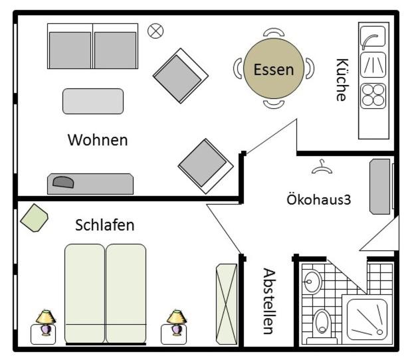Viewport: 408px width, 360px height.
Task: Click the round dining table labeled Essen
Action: point(274,68)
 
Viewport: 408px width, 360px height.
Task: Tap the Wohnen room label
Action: point(98,140)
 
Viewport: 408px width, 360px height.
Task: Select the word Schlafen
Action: point(104,225)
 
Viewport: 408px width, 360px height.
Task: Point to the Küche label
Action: point(342,80)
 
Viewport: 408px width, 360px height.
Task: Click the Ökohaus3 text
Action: point(319,200)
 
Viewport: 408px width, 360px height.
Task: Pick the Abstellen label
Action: point(269,301)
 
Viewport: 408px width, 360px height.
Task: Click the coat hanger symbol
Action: point(322,167)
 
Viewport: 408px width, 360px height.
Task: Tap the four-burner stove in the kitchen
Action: point(373,96)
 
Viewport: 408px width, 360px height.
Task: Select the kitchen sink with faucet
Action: point(373,37)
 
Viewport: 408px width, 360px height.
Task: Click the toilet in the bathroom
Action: point(322,326)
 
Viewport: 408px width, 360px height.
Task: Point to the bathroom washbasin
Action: point(312,282)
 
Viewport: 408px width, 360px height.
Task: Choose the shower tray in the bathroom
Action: point(367,319)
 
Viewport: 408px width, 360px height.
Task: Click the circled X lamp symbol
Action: point(155,31)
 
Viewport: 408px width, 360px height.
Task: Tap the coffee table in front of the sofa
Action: point(93,101)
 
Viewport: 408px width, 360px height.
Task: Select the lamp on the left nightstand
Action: point(46,322)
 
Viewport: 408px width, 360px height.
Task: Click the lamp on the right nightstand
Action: point(177,322)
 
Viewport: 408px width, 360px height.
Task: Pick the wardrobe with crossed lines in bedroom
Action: point(227,304)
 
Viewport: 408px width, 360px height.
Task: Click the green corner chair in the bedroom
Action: point(34,218)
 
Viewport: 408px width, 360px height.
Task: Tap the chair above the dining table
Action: point(274,32)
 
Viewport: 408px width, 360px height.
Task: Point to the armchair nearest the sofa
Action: point(180,76)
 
